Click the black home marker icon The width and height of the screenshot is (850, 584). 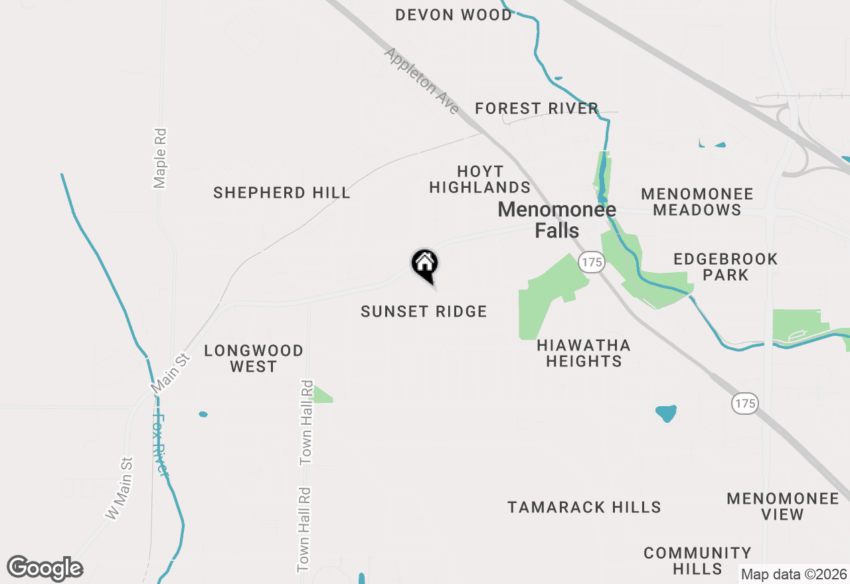(425, 265)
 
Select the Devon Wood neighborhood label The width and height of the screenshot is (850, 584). (454, 15)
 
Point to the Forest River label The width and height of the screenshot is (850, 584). (537, 108)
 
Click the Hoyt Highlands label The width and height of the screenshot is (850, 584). (479, 179)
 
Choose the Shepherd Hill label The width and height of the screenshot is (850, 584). (282, 192)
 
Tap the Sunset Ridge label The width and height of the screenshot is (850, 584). (424, 311)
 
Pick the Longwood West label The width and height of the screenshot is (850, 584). (253, 358)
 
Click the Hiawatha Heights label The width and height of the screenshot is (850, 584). (584, 353)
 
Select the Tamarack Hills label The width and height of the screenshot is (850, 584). (584, 508)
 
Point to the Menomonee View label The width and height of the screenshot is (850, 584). (782, 506)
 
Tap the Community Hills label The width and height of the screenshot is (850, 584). (697, 561)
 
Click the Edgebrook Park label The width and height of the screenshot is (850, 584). (725, 267)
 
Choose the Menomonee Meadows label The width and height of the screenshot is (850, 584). (697, 202)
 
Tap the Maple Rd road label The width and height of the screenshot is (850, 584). (159, 158)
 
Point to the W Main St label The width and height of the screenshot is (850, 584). (120, 488)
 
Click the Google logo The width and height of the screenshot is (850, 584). (45, 569)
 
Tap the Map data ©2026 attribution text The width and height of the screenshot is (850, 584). (794, 574)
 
